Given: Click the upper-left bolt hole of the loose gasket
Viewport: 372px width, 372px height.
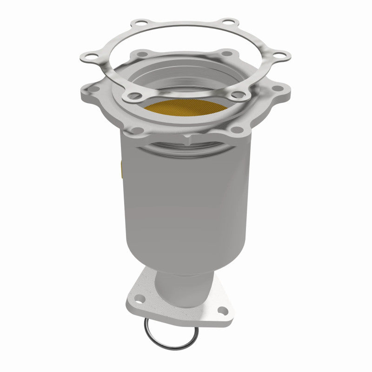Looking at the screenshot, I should tap(139, 23).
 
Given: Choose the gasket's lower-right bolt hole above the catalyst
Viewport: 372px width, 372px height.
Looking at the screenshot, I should tap(238, 95).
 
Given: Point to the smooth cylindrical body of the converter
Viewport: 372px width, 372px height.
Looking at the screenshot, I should tap(186, 200).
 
